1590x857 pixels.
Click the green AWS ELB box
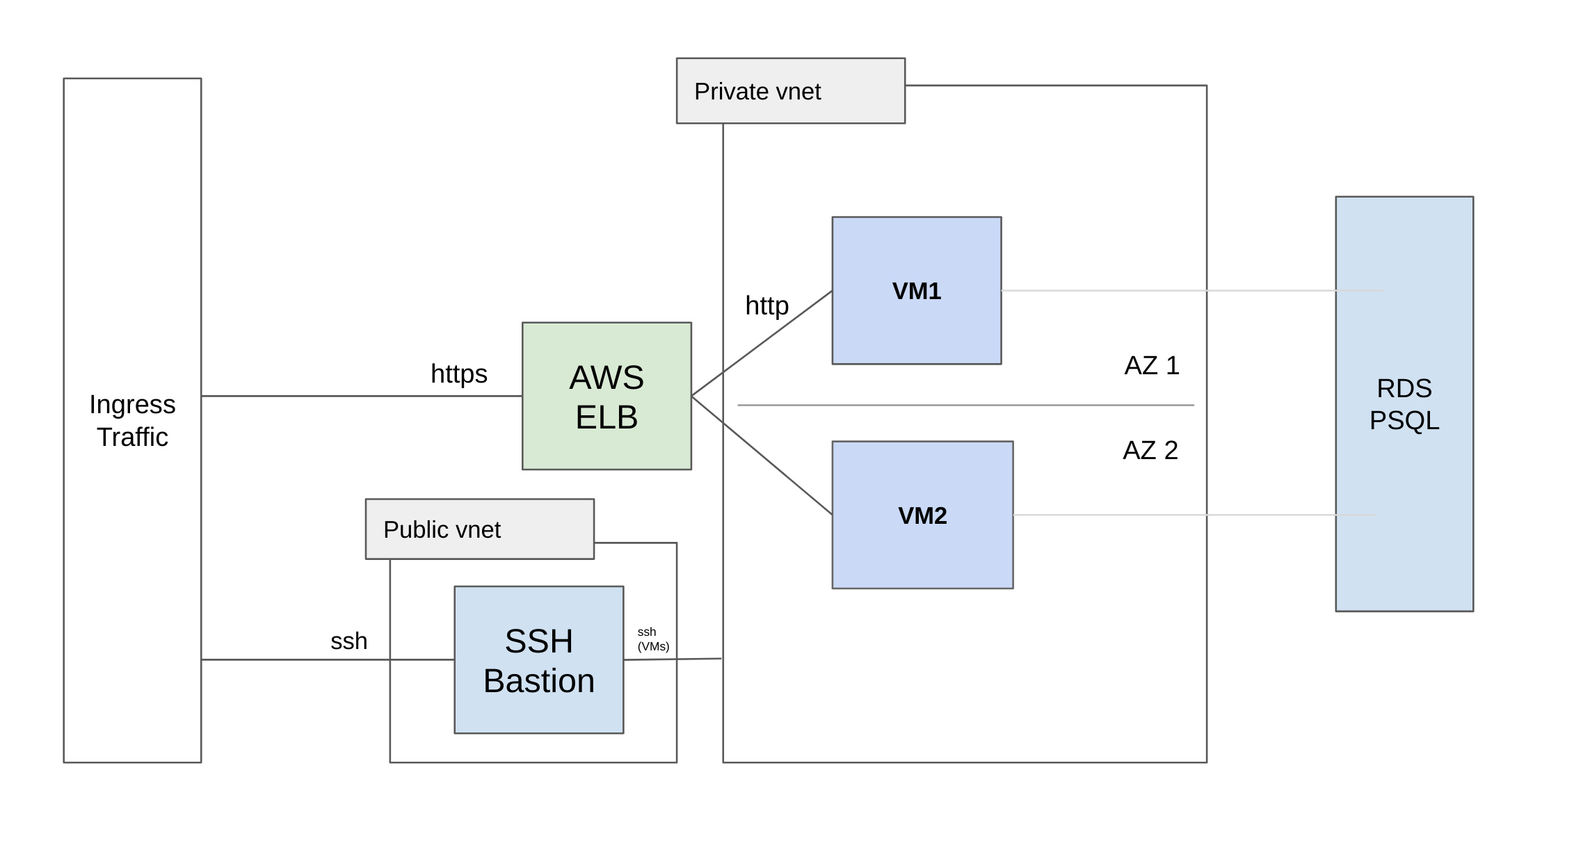(607, 396)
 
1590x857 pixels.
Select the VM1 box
(917, 290)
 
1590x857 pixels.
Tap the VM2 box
(922, 515)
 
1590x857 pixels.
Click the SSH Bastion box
(539, 659)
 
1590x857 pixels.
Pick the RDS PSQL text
(1404, 404)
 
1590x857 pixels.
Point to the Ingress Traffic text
(132, 420)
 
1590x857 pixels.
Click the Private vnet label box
(791, 90)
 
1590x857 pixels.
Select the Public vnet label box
(480, 529)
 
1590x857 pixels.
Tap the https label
(459, 374)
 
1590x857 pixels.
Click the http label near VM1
(767, 306)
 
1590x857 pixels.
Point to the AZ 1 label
(1152, 365)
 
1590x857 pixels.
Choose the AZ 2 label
(1150, 450)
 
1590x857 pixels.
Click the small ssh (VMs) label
(653, 639)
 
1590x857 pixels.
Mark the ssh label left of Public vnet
(348, 641)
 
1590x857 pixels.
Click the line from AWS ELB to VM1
(762, 343)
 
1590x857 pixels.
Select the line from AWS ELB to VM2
(762, 456)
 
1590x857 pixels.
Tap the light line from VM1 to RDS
(1192, 290)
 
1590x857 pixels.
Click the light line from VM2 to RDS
(1195, 515)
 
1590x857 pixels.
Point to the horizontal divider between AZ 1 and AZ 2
(965, 405)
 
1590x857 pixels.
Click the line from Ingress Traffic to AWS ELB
(362, 396)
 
